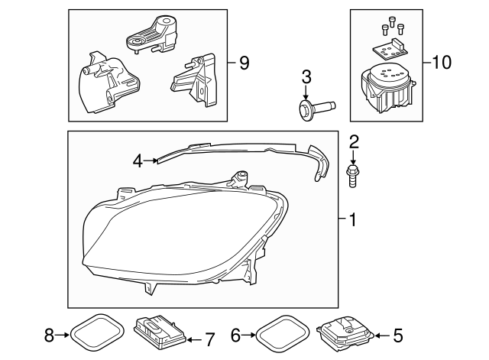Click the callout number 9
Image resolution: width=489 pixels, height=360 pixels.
244,63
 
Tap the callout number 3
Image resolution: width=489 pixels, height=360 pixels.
306,76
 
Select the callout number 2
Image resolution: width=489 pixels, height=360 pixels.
354,141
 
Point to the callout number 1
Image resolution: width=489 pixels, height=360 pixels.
352,221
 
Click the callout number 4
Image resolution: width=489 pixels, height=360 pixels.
138,161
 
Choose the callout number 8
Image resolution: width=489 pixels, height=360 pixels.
49,333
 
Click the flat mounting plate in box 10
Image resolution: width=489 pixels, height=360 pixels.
390,50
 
